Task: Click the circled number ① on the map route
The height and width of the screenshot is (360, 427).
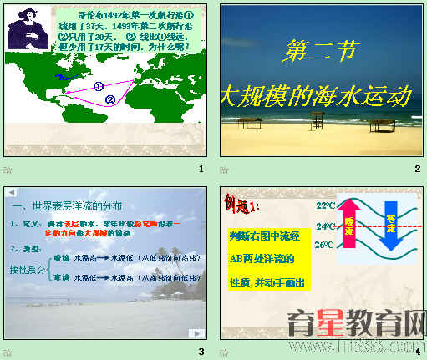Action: point(98,85)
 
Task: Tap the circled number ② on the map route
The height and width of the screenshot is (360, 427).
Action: point(109,100)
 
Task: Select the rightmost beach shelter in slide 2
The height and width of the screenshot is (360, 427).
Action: point(381,124)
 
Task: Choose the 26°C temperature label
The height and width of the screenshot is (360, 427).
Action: point(324,245)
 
